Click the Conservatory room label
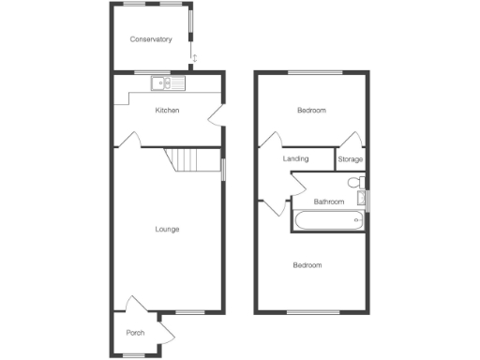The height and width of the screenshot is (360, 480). tap(151, 39)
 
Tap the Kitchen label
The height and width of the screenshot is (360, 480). tap(167, 111)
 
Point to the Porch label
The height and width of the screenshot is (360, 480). tap(135, 333)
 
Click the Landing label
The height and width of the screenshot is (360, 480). tap(295, 159)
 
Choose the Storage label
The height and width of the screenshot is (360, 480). tap(350, 159)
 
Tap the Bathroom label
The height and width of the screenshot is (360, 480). tap(328, 202)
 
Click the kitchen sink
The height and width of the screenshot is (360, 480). tap(168, 84)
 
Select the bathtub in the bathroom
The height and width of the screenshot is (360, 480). tap(328, 221)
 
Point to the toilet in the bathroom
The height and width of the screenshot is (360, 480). tap(352, 183)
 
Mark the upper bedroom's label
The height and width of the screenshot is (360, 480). tap(311, 111)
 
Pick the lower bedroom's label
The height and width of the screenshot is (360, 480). tap(307, 265)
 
